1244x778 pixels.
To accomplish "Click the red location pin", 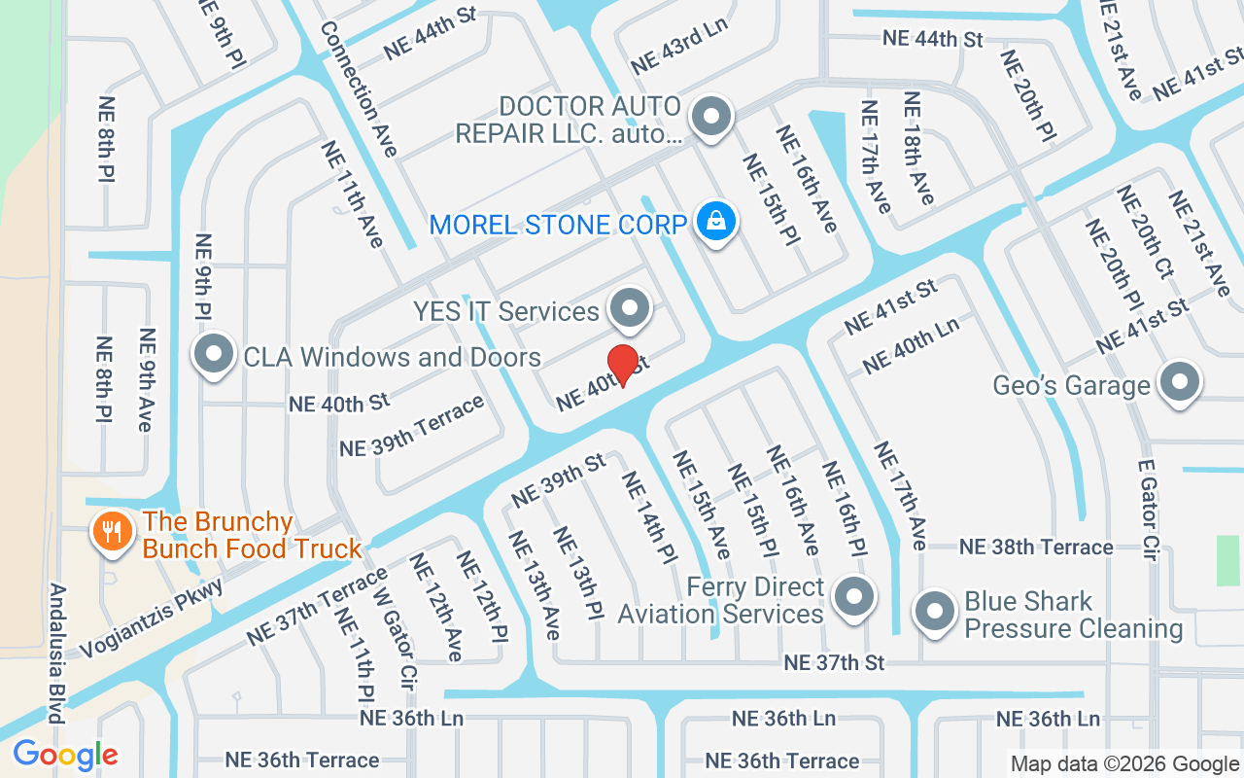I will coord(622,364).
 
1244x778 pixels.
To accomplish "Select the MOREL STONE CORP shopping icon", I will coord(716,223).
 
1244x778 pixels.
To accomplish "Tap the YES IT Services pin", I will coord(630,309).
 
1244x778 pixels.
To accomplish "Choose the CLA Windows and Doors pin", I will coord(214,356).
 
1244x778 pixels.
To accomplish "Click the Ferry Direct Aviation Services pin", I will coord(854,597).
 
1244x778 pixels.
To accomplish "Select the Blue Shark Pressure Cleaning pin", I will coord(936,613).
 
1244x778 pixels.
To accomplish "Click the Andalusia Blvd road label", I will coord(56,654).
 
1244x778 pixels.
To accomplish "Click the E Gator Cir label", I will coord(1148,511).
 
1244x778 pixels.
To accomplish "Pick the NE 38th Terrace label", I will coord(1036,547).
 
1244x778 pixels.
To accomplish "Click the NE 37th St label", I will coord(834,662).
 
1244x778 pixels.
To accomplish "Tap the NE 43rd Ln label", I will coord(679,46).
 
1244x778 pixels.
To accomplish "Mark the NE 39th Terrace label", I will coord(411,427).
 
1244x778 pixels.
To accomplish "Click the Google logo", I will coord(65,755).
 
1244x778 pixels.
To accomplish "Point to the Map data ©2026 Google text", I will coord(1124,764).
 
